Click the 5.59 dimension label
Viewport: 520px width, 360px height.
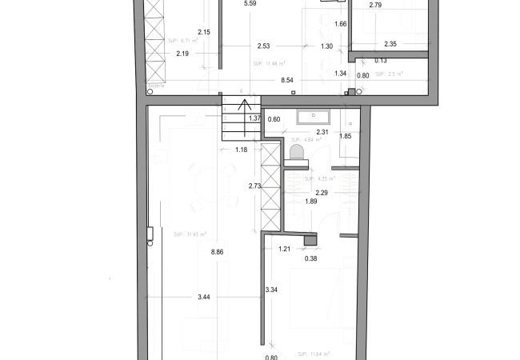(x=250, y=4)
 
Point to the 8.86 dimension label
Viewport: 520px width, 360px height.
(x=216, y=252)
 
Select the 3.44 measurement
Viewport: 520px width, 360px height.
(x=204, y=298)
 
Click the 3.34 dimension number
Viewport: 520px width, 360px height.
(x=271, y=289)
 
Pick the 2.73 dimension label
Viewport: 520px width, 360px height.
(x=255, y=186)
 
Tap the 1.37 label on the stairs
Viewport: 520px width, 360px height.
(x=254, y=118)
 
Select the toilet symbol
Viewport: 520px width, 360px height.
(x=297, y=151)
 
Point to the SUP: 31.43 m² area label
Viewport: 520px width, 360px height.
(x=190, y=234)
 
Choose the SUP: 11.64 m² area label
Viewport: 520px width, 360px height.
(x=313, y=353)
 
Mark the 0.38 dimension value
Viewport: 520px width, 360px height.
(x=310, y=258)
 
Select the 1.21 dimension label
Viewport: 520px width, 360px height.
(x=284, y=249)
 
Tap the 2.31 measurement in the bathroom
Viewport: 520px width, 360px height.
(x=323, y=132)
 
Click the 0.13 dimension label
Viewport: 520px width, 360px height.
(x=380, y=60)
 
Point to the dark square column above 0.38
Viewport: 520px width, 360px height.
(x=310, y=238)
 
